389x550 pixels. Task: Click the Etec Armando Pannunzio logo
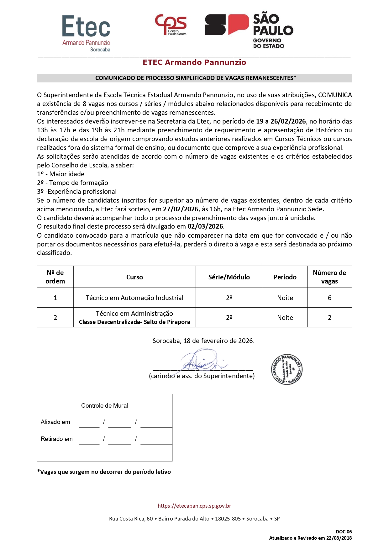coord(86,33)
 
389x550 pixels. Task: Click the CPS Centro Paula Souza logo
coord(171,25)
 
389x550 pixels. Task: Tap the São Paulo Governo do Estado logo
coord(249,30)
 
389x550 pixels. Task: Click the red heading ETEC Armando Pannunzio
coord(194,62)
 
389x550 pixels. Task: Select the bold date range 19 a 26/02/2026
coord(281,121)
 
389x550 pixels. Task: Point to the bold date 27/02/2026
coord(181,209)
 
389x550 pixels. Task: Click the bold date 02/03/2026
coord(205,226)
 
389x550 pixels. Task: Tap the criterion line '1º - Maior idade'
coord(61,174)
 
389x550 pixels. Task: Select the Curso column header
coord(134,277)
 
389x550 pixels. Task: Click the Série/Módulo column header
coord(229,277)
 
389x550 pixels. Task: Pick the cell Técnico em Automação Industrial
coord(134,298)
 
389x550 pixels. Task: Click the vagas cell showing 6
coord(329,298)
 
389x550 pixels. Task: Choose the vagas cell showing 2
coord(329,318)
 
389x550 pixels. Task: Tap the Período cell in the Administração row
coord(285,318)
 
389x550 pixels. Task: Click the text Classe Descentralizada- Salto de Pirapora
coord(134,322)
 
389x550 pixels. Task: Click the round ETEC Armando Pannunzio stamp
coord(286,370)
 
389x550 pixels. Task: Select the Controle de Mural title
coord(104,406)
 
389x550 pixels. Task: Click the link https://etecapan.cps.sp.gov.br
coord(194,506)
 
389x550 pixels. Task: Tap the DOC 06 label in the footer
coord(344,532)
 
